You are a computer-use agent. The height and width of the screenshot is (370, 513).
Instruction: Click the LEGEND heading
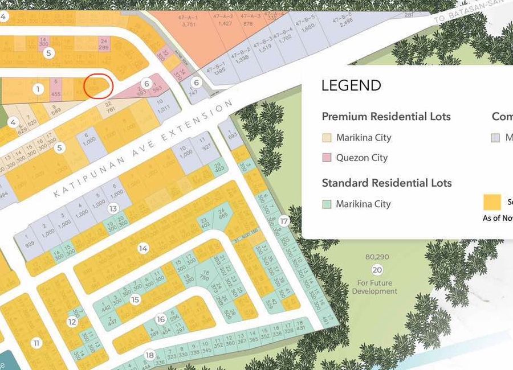point(351,86)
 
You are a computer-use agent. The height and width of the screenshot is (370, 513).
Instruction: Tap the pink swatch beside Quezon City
point(327,158)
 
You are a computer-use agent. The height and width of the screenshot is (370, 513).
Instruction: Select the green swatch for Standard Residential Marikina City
point(327,204)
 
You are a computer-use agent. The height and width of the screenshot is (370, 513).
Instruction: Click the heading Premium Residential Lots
point(386,117)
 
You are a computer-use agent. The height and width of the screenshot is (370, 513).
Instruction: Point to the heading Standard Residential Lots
point(386,183)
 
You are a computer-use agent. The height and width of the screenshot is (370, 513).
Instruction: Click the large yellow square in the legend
point(492,202)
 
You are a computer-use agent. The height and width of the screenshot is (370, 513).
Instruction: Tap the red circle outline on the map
point(99,87)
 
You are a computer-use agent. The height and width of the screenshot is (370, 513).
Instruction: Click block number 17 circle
point(284,221)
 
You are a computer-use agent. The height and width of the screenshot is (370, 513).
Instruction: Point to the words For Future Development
point(374,287)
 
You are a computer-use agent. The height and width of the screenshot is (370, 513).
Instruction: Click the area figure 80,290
point(377,257)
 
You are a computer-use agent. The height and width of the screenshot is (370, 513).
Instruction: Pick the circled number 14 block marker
point(143,248)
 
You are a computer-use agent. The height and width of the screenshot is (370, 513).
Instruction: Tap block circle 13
point(113,209)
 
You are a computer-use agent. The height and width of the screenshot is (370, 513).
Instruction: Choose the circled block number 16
point(161,319)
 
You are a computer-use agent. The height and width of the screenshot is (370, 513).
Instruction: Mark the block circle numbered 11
point(37,343)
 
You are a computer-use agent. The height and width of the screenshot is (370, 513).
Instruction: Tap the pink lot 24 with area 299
point(103,44)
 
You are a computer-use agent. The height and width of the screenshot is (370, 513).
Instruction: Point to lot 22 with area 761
point(109,106)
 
